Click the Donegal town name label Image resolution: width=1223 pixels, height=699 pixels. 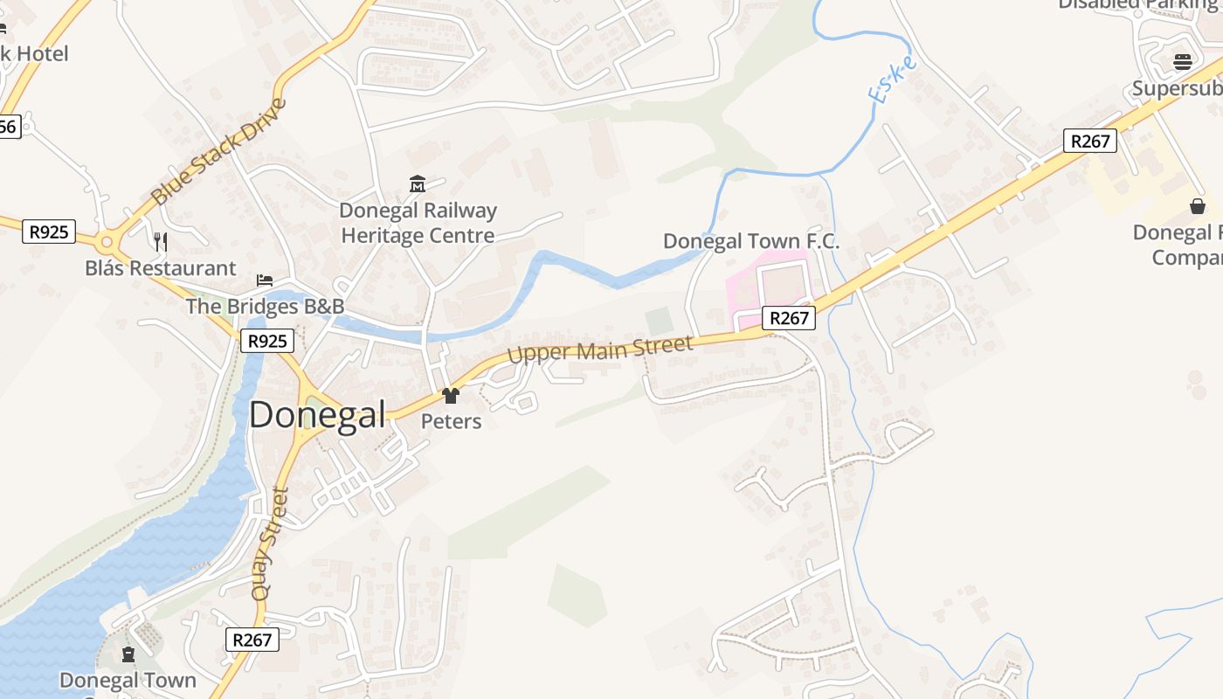[317, 414]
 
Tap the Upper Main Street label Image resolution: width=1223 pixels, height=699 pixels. [600, 349]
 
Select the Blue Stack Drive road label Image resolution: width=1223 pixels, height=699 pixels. [219, 152]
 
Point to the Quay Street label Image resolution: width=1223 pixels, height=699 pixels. [269, 543]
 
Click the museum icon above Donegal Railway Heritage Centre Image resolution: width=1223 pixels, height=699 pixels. [418, 184]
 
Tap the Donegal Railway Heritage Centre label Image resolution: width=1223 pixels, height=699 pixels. [418, 223]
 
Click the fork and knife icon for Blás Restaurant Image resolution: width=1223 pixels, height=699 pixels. [160, 241]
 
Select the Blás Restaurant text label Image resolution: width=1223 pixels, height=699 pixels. [161, 268]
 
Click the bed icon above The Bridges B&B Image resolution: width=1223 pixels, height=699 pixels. [265, 280]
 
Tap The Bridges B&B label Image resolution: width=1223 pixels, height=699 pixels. [265, 307]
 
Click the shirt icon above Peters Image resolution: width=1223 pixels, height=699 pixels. [451, 396]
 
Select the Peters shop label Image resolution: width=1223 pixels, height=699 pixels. [451, 421]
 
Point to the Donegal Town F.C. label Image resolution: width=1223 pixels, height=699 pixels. [751, 241]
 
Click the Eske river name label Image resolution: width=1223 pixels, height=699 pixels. [892, 80]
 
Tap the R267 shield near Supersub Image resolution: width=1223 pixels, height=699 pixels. [1090, 141]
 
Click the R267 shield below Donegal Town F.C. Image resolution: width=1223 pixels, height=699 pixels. [789, 318]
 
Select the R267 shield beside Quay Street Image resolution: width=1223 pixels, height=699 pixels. [252, 640]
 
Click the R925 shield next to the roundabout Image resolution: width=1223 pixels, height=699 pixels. [48, 232]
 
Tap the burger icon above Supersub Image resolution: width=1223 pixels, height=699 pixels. [1182, 62]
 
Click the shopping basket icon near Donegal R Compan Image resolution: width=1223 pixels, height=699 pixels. [1197, 206]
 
